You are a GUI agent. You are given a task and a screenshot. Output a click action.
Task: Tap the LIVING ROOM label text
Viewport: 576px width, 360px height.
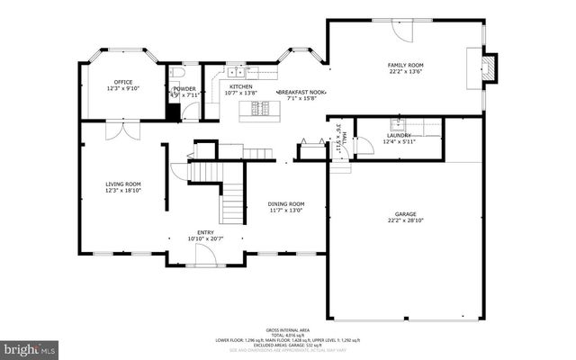(123, 184)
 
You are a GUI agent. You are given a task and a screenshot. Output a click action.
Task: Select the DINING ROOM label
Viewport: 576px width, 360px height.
(286, 203)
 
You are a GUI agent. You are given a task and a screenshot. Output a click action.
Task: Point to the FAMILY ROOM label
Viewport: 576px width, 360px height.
(405, 66)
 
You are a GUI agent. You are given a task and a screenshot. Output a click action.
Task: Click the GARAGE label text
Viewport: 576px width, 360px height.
(405, 213)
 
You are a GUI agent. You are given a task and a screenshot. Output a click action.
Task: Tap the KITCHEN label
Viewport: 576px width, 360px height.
(239, 86)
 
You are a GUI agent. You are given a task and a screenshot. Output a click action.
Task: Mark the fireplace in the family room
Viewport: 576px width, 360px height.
(487, 67)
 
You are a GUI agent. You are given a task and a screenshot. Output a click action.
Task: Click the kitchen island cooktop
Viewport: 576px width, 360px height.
(261, 109)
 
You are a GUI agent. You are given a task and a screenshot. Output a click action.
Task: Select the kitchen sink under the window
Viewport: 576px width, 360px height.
(237, 70)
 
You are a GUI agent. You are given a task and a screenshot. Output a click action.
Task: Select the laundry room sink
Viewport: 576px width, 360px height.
(397, 124)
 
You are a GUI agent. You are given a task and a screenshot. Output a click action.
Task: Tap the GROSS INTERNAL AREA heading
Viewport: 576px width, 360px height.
(287, 330)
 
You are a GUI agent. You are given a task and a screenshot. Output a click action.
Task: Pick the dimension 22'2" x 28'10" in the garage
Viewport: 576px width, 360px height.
(405, 220)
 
